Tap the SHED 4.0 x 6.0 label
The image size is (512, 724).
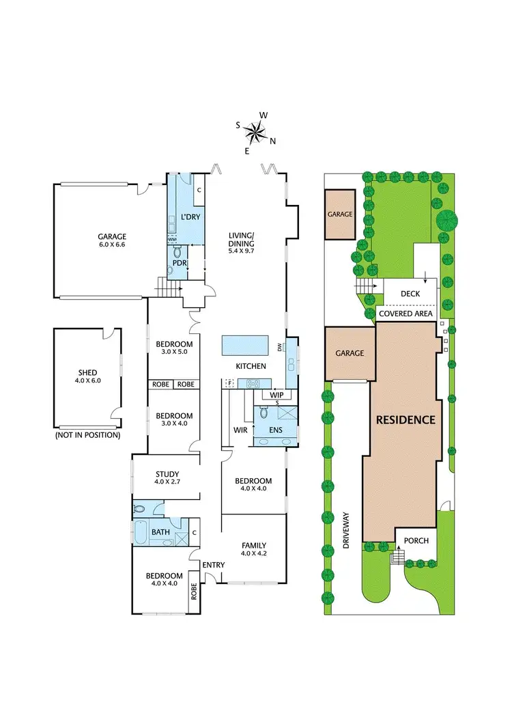pyautogui.click(x=88, y=377)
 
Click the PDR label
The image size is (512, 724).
pyautogui.click(x=180, y=262)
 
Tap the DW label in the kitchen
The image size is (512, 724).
pyautogui.click(x=280, y=348)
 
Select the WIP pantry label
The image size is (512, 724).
pyautogui.click(x=276, y=395)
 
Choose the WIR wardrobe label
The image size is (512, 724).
pyautogui.click(x=240, y=430)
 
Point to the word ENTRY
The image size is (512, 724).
pyautogui.click(x=214, y=564)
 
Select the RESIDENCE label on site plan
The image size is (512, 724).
pyautogui.click(x=406, y=420)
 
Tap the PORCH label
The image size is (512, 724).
pyautogui.click(x=416, y=540)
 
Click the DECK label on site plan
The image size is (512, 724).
pyautogui.click(x=410, y=293)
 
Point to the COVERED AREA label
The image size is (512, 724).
pyautogui.click(x=406, y=314)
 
